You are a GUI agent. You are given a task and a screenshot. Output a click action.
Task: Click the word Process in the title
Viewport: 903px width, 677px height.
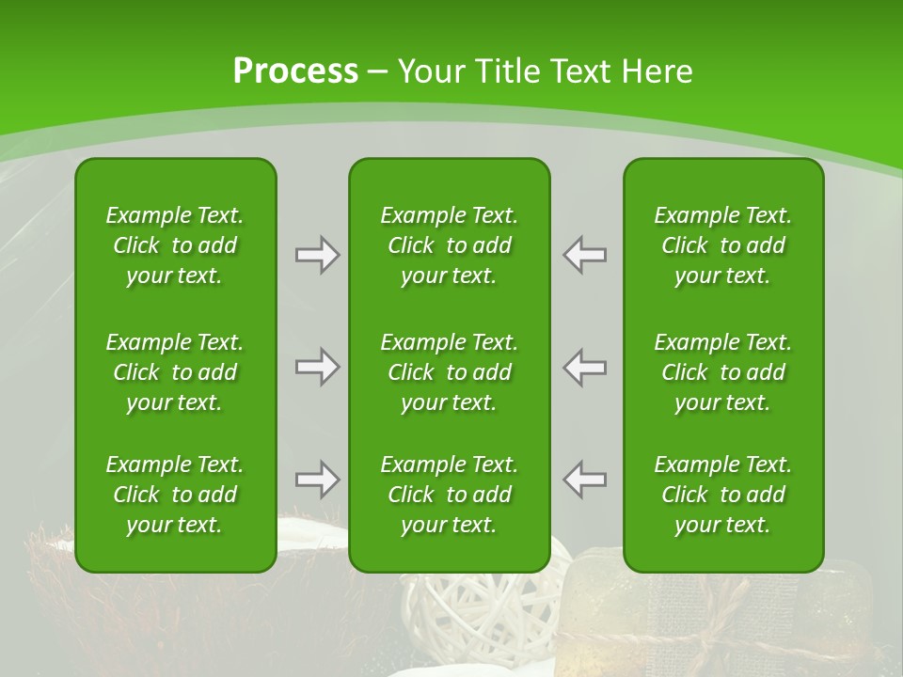[x=295, y=71]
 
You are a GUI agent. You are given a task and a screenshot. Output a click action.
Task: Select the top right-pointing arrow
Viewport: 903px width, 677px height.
[x=317, y=255]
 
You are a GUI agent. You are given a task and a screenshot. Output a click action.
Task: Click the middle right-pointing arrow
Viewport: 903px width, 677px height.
[x=317, y=367]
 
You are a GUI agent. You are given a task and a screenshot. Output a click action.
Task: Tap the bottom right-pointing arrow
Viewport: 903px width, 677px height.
[x=317, y=480]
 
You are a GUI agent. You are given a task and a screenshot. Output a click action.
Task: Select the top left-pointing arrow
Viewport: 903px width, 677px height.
[x=585, y=255]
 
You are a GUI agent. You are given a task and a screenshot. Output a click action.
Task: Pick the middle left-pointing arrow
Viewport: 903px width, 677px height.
[x=585, y=367]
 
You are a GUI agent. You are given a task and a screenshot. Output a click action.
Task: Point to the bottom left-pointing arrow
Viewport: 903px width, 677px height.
[x=585, y=480]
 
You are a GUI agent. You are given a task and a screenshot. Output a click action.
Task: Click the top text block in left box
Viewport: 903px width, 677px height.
[x=175, y=245]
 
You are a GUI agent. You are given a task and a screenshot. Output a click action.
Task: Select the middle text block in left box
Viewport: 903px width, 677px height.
[x=175, y=372]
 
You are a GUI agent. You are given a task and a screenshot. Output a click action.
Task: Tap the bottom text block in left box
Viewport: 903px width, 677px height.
[x=175, y=495]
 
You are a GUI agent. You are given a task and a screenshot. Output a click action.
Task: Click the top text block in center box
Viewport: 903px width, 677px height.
[x=450, y=245]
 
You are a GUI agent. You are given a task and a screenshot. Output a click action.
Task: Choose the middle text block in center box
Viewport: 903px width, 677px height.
[x=450, y=372]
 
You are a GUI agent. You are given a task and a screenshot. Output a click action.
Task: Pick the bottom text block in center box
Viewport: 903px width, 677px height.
[x=450, y=495]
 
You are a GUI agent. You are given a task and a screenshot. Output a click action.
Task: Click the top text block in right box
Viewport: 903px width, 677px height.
[x=723, y=245]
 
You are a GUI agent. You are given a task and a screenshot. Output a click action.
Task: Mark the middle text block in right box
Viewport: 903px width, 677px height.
[x=723, y=372]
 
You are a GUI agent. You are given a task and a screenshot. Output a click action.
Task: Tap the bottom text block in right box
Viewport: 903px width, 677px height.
[x=723, y=495]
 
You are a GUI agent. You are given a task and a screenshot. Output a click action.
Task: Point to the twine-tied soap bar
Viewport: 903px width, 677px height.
[x=847, y=611]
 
